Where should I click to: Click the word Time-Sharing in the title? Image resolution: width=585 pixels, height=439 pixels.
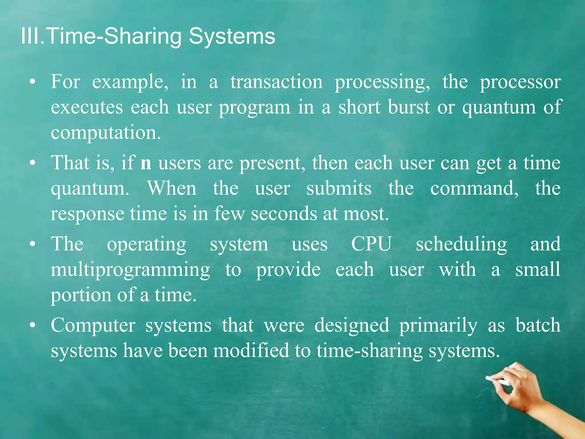(x=113, y=37)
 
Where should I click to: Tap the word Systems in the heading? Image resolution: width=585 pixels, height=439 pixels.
(x=232, y=37)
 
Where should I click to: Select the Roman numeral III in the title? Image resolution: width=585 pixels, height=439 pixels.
(x=30, y=37)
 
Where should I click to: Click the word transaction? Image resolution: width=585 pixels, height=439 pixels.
(x=277, y=82)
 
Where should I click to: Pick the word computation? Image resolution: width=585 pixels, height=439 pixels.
(x=106, y=133)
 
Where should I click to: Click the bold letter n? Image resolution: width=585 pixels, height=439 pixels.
(x=146, y=163)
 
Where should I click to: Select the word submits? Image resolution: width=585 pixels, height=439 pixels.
(x=339, y=189)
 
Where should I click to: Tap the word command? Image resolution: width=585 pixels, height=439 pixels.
(x=474, y=189)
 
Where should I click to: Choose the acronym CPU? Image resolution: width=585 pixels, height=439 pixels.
(x=371, y=244)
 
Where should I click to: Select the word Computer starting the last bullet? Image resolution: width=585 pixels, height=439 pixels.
(x=93, y=326)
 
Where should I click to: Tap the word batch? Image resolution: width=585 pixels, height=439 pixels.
(x=538, y=325)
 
